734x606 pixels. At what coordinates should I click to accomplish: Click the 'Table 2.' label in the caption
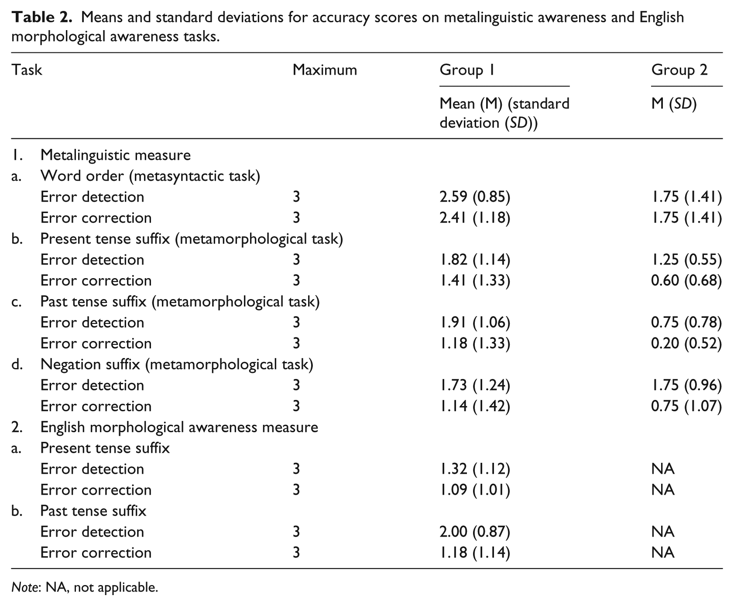[x=42, y=17]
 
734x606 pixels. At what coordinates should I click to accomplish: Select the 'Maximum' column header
[x=325, y=70]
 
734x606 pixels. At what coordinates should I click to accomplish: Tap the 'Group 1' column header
[x=467, y=70]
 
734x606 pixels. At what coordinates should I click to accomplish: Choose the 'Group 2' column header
[x=679, y=70]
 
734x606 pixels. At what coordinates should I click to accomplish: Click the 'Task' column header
[x=27, y=70]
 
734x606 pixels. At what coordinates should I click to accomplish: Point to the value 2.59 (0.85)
[x=475, y=197]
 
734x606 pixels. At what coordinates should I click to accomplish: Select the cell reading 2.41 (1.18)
[x=475, y=218]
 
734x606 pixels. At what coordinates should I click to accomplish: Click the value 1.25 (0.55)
[x=686, y=260]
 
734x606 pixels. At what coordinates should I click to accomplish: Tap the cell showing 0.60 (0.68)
[x=686, y=281]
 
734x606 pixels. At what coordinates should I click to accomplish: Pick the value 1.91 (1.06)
[x=475, y=323]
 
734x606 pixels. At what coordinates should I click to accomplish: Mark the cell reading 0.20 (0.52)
[x=686, y=344]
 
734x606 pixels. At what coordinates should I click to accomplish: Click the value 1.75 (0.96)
[x=686, y=386]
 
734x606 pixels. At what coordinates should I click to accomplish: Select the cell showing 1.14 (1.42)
[x=475, y=406]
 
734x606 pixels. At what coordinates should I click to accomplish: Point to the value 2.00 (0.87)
[x=475, y=532]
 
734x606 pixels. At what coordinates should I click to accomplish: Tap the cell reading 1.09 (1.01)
[x=475, y=490]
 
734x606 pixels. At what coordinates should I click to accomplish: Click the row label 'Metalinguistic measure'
[x=116, y=155]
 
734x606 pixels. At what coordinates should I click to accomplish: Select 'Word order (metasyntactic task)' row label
[x=150, y=176]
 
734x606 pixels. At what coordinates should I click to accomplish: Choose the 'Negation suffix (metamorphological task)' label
[x=177, y=365]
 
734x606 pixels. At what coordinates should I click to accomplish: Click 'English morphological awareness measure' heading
[x=179, y=427]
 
